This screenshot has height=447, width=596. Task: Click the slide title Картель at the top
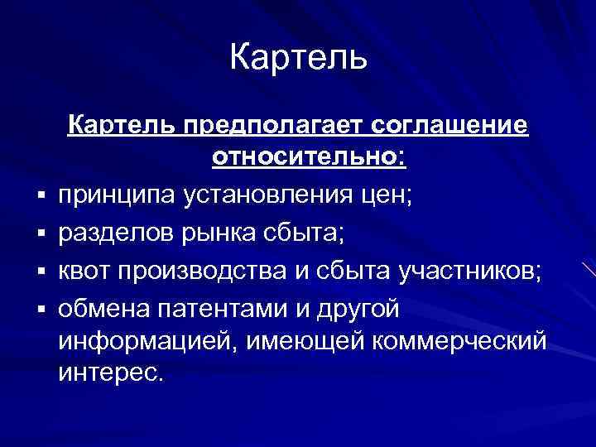click(x=297, y=57)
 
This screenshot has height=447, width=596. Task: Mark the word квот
click(x=84, y=272)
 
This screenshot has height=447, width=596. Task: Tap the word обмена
click(x=100, y=310)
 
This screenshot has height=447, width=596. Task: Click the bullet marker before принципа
click(x=40, y=198)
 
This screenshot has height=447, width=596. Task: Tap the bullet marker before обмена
click(x=40, y=311)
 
